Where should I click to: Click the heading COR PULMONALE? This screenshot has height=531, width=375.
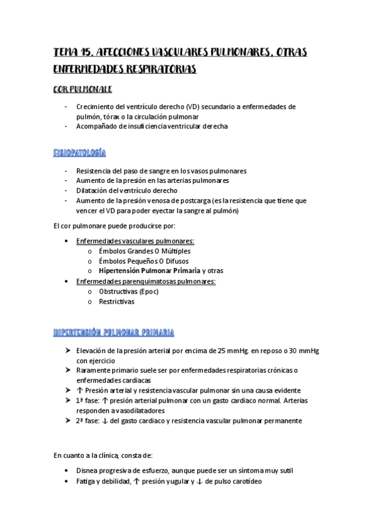click(x=83, y=90)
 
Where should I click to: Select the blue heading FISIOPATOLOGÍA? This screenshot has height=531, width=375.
click(x=80, y=153)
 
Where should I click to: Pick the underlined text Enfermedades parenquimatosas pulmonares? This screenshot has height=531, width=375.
click(x=145, y=281)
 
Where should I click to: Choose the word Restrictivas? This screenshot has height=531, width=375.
click(x=116, y=301)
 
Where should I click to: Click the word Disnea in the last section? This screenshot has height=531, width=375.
click(x=87, y=471)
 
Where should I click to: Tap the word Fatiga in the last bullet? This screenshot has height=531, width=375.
click(x=87, y=481)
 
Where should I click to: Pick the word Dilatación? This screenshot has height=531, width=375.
click(x=93, y=190)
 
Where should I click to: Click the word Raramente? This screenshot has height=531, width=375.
click(x=94, y=371)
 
